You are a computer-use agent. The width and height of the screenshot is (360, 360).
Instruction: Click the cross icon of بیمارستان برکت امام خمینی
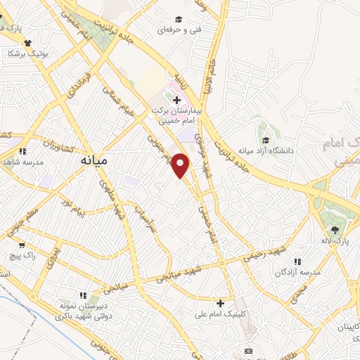point(176,101)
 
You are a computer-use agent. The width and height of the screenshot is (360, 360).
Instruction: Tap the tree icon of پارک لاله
point(335,230)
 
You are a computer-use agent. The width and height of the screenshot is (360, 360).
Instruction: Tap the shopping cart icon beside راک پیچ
point(22,245)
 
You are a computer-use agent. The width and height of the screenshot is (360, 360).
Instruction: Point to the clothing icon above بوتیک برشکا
point(27,42)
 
